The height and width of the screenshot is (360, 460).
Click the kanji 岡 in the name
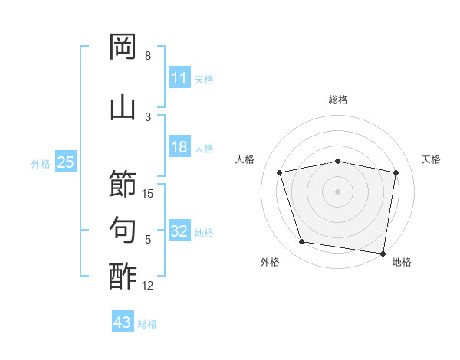[123, 46]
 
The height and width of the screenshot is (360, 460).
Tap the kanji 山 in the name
[123, 109]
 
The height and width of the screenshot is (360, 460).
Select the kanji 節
[123, 183]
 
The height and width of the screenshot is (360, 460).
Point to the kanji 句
[123, 230]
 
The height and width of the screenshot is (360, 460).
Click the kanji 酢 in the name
[123, 277]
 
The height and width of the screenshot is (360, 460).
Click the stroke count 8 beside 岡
[148, 56]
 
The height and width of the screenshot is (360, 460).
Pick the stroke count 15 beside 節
[147, 194]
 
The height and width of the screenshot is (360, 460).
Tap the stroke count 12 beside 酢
[147, 286]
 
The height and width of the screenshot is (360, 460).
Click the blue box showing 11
[179, 77]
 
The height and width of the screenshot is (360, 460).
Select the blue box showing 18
[179, 146]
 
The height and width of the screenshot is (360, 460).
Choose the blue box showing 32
[179, 230]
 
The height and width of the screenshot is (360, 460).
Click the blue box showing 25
[66, 162]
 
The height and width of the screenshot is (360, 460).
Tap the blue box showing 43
[123, 321]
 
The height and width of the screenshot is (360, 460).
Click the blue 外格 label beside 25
[41, 164]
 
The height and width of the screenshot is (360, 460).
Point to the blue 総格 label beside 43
[147, 324]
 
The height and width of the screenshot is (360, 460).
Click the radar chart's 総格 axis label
[338, 100]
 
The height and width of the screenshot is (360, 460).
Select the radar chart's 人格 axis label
[245, 159]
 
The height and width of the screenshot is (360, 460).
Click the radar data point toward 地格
[383, 254]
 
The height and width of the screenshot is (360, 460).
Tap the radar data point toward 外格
[301, 241]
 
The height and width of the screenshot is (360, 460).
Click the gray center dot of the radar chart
[337, 191]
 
